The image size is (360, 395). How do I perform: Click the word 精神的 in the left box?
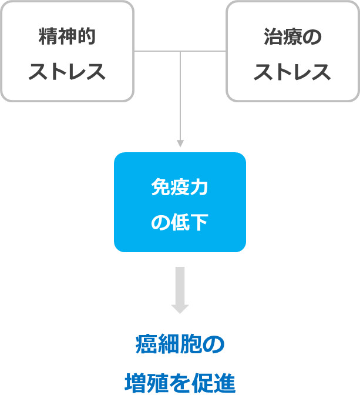(67, 36)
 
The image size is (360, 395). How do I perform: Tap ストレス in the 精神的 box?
(67, 72)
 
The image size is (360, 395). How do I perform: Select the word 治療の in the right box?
(292, 36)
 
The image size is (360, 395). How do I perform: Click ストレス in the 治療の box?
(292, 72)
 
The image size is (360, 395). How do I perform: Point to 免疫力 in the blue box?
(180, 188)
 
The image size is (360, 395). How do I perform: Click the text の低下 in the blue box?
(180, 223)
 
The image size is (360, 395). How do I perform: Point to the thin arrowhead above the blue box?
(180, 143)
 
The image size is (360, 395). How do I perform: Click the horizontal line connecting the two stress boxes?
(180, 52)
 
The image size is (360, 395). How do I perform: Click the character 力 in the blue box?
(199, 188)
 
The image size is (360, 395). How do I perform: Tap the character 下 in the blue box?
(199, 223)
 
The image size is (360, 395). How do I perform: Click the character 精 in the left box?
(48, 36)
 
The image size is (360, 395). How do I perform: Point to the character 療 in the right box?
(292, 36)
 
